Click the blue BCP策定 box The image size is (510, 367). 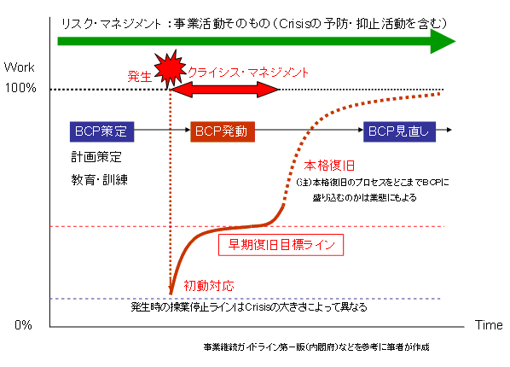101,131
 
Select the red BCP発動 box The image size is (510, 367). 223,131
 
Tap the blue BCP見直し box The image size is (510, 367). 399,131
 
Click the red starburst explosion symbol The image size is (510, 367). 170,69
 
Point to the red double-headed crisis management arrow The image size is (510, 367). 225,90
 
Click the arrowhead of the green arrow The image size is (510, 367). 443,41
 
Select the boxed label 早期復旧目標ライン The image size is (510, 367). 281,245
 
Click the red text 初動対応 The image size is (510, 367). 209,286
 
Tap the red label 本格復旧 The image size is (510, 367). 329,166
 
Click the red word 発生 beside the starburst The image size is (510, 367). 140,76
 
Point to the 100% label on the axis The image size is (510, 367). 20,88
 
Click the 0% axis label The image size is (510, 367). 23,324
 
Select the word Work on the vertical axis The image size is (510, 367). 20,67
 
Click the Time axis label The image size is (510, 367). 489,324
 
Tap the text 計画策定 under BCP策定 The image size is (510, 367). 96,157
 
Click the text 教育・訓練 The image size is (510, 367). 99,179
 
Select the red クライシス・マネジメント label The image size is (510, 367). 248,73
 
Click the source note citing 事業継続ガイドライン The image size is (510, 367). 316,347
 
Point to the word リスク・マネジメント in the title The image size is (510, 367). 111,23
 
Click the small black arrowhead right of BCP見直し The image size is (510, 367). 449,130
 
